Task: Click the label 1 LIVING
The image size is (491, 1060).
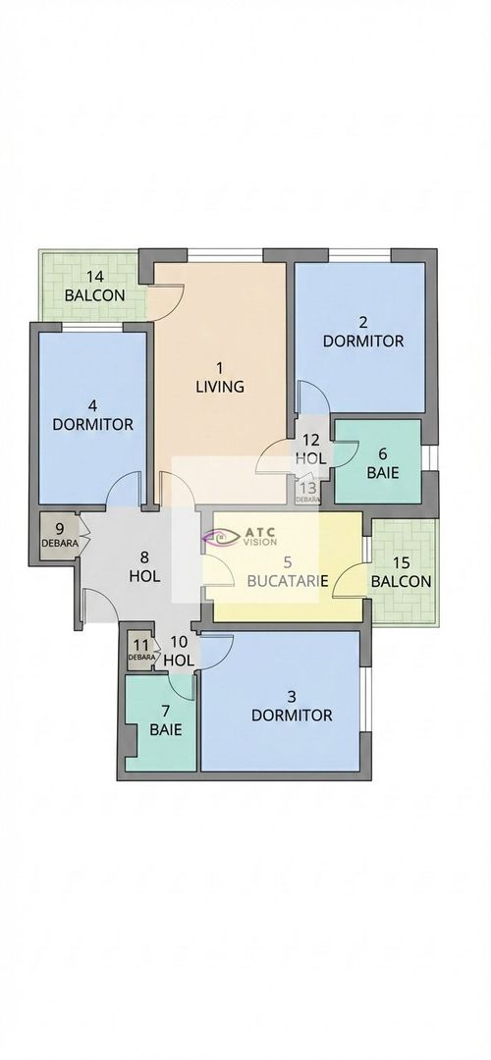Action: (x=219, y=378)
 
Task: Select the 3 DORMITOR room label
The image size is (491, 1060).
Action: (x=292, y=706)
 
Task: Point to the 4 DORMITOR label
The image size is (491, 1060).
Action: (x=92, y=415)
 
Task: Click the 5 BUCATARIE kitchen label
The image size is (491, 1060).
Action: (x=287, y=572)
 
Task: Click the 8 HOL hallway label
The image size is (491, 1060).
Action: (x=144, y=567)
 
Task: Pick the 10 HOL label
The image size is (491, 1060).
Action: (x=179, y=652)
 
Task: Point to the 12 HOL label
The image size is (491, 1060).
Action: (x=311, y=450)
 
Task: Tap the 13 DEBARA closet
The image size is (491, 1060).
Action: (x=306, y=490)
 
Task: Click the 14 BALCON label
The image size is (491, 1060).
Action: (x=94, y=286)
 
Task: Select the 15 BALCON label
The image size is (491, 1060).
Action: (x=401, y=571)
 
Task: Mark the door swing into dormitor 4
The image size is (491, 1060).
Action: (x=123, y=491)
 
